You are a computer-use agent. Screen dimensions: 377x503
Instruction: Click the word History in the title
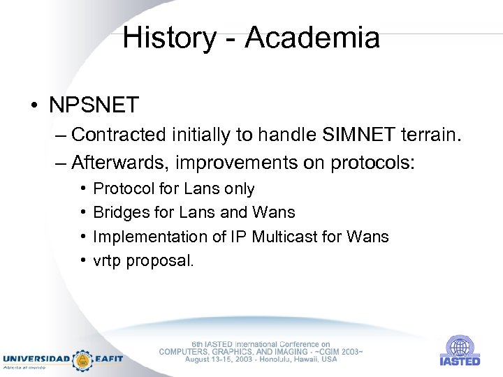click(169, 38)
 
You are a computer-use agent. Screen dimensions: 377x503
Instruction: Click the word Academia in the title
click(313, 38)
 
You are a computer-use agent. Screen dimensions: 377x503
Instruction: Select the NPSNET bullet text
click(94, 105)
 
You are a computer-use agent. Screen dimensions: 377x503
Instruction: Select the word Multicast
click(268, 237)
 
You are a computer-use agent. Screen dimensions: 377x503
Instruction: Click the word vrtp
click(107, 261)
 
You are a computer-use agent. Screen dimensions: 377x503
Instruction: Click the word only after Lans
click(239, 188)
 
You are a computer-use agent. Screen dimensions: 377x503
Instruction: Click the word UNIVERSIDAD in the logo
click(36, 359)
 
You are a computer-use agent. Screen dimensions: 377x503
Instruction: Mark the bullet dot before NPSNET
click(34, 106)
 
